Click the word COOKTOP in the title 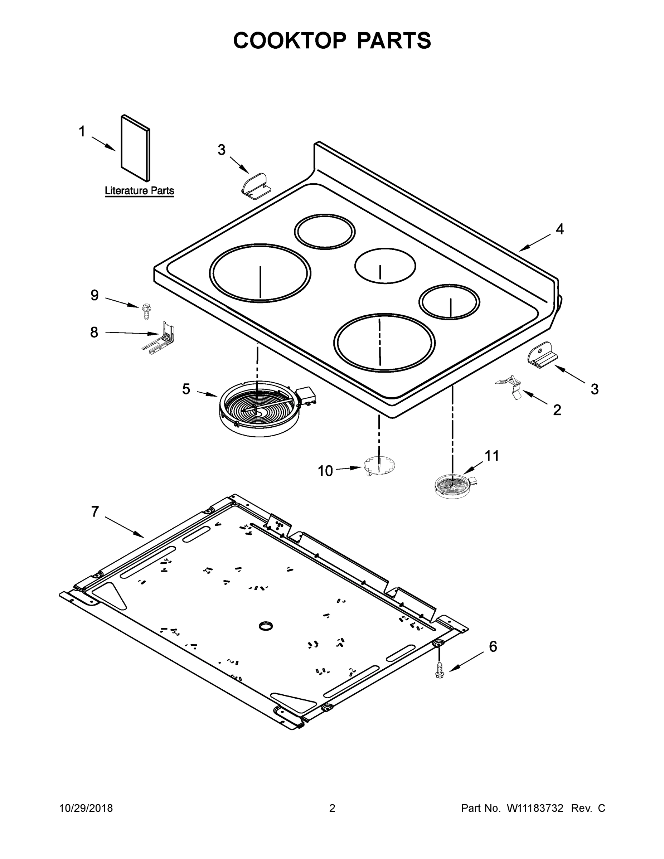[290, 40]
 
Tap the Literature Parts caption [139, 191]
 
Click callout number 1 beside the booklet [82, 131]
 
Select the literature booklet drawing [135, 149]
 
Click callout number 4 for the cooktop [559, 229]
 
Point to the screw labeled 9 [147, 311]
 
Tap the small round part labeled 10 [379, 466]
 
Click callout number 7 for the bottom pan [95, 512]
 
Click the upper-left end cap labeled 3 [255, 183]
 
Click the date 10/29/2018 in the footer [86, 808]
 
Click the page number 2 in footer [332, 808]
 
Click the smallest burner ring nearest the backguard [325, 232]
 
